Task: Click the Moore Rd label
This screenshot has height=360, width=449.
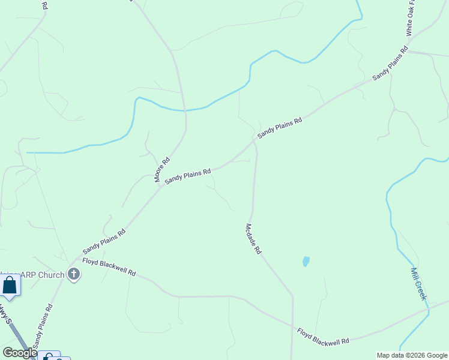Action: pos(162,170)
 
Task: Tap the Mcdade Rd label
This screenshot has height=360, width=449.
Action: pos(253,239)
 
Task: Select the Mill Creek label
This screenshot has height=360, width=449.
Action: pos(418,284)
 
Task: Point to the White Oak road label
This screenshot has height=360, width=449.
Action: pos(411,18)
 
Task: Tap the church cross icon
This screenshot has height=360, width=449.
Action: pos(74,275)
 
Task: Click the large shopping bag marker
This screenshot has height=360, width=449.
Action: pos(10,286)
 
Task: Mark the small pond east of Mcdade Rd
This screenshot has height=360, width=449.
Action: pos(306,262)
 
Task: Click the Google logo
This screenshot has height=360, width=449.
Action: pos(20,353)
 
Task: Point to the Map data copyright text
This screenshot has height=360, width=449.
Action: pos(412,355)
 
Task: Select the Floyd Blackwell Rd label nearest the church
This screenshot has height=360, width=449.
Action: pos(109,267)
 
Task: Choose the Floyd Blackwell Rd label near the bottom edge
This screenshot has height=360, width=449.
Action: pos(323,336)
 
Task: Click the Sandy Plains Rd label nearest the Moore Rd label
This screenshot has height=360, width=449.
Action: pos(188,176)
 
